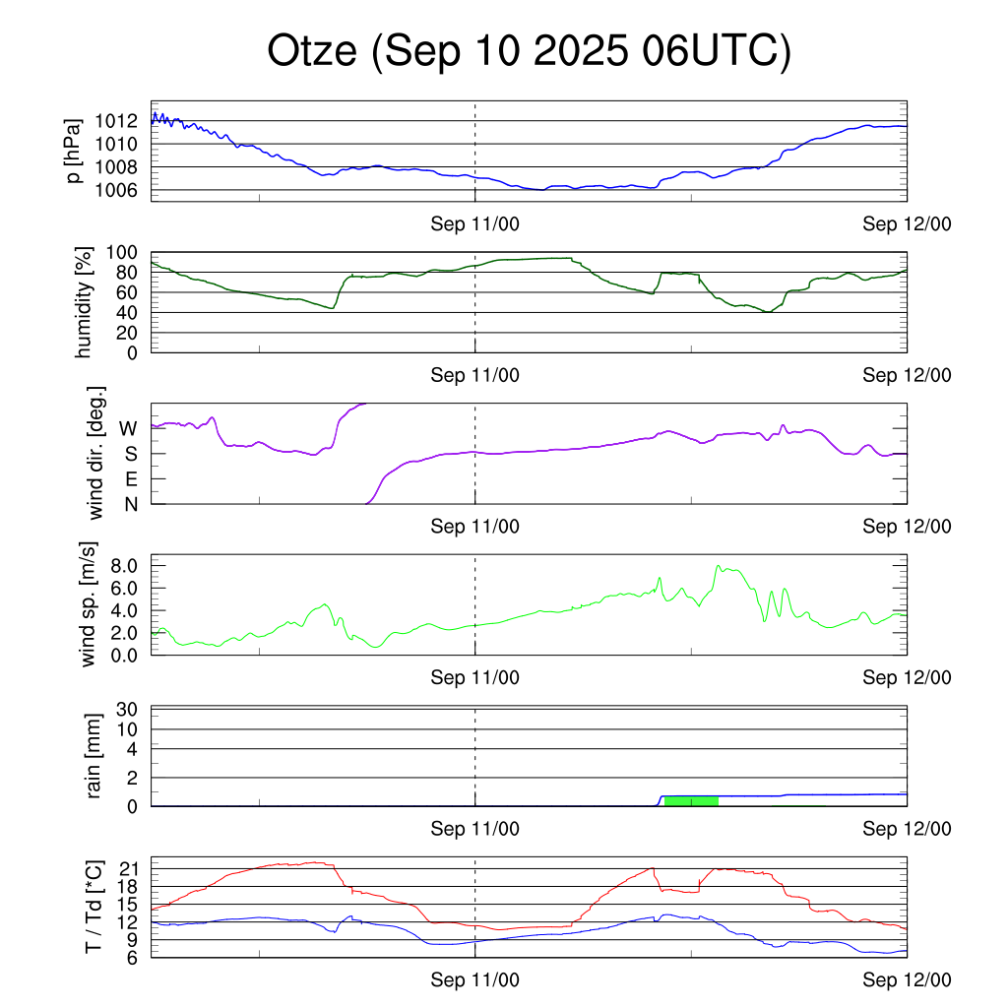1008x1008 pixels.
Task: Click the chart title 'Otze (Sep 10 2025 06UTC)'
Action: point(529,52)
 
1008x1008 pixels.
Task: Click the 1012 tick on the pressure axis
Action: point(121,121)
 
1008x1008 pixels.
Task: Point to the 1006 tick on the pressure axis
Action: point(121,190)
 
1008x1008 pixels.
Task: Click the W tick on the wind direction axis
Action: point(128,428)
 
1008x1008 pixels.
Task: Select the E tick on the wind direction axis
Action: point(131,479)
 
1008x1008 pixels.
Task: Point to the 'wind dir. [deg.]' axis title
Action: point(96,454)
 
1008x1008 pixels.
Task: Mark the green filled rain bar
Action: point(691,800)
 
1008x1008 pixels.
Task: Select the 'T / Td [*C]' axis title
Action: point(94,908)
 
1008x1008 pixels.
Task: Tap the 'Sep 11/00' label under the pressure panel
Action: point(475,224)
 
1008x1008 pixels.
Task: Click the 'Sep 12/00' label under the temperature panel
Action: point(907,980)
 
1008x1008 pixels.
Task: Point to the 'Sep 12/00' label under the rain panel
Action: point(907,829)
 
